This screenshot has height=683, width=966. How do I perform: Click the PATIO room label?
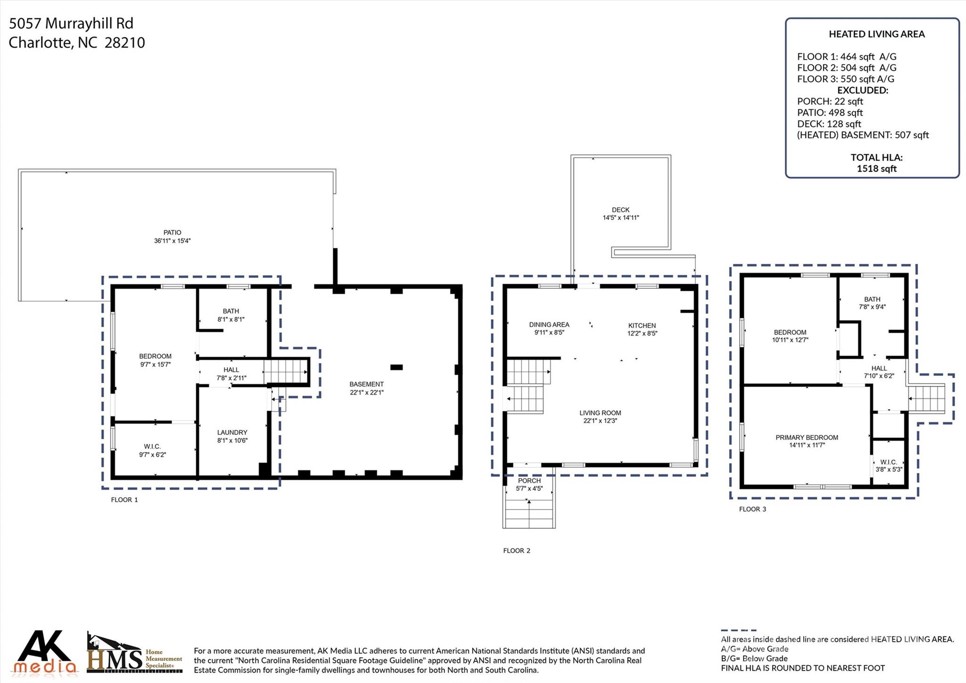coord(173,233)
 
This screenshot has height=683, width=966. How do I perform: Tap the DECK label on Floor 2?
coord(621,210)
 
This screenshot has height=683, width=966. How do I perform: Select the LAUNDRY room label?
coord(232,432)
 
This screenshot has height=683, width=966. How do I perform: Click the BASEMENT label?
coord(366,384)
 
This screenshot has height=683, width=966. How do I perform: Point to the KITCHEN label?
coord(642,326)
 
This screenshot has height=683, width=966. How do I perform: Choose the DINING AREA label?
coord(549,325)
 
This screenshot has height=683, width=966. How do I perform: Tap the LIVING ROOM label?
coord(600,413)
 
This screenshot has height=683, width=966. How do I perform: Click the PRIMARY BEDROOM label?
coord(807,438)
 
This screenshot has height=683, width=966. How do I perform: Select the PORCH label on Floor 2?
coord(529,481)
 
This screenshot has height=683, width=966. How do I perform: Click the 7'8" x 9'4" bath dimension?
coord(872,307)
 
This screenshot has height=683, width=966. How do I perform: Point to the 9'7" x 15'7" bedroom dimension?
coord(155,364)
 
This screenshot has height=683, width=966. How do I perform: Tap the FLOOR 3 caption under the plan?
coord(753,509)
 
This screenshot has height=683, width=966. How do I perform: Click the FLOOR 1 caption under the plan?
coord(125,500)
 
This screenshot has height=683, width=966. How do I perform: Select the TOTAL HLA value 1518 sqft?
coord(877,169)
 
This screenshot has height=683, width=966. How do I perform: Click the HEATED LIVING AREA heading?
coord(877,34)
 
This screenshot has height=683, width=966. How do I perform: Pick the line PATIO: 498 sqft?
coord(830,113)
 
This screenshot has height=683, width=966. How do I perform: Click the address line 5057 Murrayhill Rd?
coord(71,24)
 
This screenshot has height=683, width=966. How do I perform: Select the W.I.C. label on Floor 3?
coord(889,463)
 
